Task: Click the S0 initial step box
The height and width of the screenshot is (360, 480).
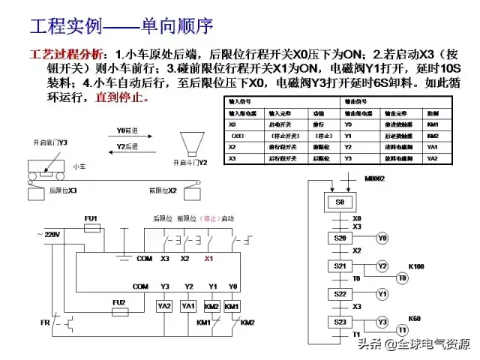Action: [340, 202]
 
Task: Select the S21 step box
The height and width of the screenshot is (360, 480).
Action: [339, 266]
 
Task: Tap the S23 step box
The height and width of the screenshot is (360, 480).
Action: [339, 322]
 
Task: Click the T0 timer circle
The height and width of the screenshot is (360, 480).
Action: [402, 278]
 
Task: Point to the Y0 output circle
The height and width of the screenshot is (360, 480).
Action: [382, 238]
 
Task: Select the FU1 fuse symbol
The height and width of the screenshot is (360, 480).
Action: [91, 227]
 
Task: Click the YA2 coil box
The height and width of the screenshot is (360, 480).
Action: [164, 307]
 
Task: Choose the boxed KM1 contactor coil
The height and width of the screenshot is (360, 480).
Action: [232, 307]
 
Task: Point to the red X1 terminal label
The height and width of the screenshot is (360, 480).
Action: [209, 259]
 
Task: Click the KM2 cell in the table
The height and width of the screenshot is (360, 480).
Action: [433, 136]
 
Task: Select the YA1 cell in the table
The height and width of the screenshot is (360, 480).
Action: [433, 148]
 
